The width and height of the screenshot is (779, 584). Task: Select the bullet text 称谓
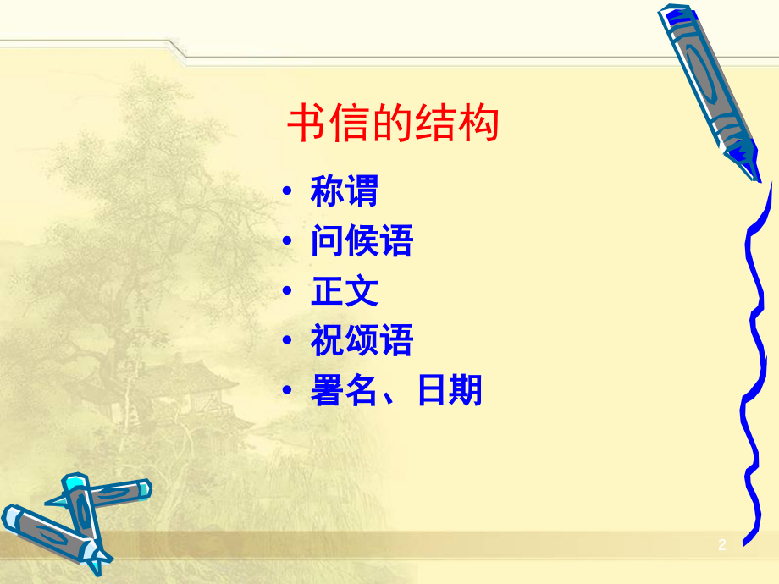coord(345,193)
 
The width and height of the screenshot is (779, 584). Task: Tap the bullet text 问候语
coord(362,243)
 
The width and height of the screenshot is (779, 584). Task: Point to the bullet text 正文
coord(345,292)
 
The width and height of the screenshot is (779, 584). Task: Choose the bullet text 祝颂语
coord(362,341)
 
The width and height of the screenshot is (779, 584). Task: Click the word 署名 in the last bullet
coord(345,391)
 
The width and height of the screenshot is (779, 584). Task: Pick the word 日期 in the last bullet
coord(449,391)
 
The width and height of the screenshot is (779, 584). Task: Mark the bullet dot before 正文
coord(290,293)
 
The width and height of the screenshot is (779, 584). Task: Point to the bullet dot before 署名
coord(290,392)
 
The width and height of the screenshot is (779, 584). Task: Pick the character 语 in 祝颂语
coord(396,341)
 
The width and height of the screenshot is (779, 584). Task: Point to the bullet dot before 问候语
coord(290,244)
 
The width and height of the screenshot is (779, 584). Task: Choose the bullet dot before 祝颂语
coord(290,342)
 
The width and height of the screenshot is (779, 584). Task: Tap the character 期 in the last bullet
coord(466,391)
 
